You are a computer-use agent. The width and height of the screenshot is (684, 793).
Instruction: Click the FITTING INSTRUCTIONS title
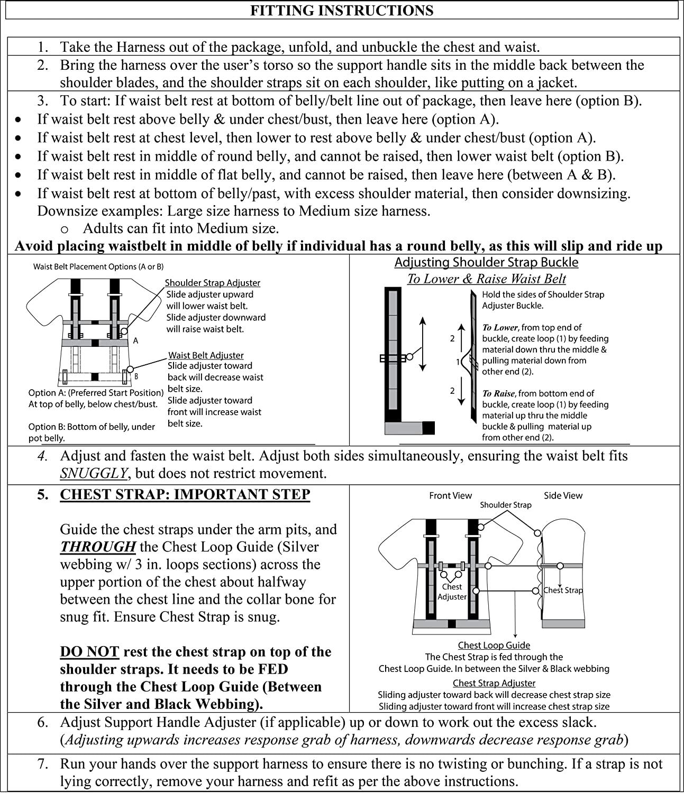point(342,11)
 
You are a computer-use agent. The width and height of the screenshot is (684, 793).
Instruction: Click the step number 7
point(43,763)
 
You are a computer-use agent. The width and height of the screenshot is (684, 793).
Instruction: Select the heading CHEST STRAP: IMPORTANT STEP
point(185,494)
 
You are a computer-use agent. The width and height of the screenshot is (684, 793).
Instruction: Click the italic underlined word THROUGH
point(98,547)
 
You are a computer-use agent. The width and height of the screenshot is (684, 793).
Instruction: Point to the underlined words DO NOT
point(89,652)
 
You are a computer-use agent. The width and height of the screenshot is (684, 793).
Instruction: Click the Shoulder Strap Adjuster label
point(212,283)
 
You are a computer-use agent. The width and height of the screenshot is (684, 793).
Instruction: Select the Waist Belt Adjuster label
point(206,355)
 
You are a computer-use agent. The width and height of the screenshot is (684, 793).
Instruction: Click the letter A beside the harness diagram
point(135,341)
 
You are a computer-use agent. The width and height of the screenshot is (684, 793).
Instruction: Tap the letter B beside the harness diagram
point(136,377)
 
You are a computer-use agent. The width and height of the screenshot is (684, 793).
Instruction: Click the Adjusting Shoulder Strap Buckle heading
point(486,262)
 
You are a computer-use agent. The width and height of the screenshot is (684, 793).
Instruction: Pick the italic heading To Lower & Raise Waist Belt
point(486,279)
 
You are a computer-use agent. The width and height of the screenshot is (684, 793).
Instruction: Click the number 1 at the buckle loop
point(458,362)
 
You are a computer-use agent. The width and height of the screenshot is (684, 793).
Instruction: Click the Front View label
point(450,495)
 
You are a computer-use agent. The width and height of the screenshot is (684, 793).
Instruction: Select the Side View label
point(563,495)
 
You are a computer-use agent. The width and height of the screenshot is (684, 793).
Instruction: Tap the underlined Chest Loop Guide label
point(494,645)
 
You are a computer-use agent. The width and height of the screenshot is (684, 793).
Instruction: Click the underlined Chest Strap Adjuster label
point(494,683)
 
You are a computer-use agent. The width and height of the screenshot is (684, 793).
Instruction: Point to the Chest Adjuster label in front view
point(452,592)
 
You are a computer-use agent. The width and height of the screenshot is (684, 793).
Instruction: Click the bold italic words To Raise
point(498,393)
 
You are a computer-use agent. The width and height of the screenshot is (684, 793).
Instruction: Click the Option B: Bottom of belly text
point(92,427)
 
